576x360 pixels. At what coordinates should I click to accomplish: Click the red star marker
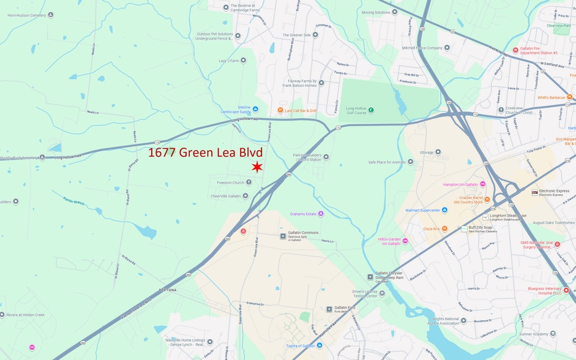click(257, 167)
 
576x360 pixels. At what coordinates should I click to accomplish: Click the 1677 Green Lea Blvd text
click(205, 153)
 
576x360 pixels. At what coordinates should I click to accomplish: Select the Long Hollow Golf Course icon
click(370, 110)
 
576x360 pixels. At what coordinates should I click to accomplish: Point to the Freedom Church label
click(230, 182)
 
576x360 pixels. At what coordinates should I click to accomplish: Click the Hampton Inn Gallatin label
click(460, 184)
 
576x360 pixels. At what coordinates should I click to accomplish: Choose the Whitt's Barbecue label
click(551, 97)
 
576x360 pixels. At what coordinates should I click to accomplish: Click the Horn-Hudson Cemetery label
click(26, 15)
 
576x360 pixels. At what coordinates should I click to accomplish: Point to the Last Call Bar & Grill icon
click(280, 110)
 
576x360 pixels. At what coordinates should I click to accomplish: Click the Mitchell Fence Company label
click(422, 48)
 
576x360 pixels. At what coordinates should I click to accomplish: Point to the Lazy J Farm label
click(228, 61)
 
